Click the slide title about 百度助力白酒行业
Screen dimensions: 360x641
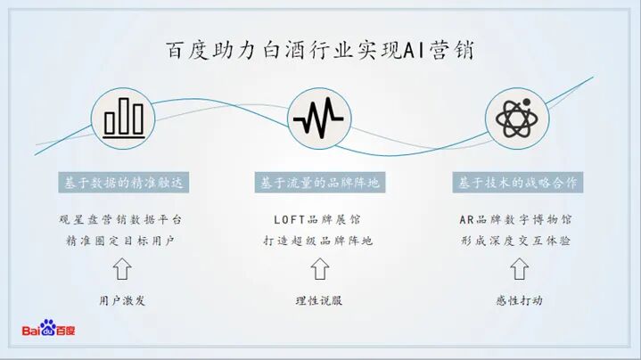pos(320,50)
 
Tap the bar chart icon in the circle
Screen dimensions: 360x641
pos(123,117)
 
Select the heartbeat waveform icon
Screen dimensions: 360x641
pos(318,117)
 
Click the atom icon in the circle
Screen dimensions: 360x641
pos(517,117)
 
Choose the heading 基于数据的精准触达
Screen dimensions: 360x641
pos(123,182)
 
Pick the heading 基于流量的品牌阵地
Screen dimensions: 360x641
pos(319,182)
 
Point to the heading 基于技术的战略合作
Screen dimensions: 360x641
pos(518,182)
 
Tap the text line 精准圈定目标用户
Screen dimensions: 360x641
pos(123,241)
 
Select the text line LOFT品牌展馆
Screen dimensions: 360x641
pos(319,219)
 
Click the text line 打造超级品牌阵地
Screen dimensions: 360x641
pos(319,241)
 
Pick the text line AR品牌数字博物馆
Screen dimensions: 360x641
pos(518,219)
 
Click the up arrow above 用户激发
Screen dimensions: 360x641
pos(123,269)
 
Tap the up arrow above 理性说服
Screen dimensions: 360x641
pos(319,269)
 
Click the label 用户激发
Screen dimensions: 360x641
pos(123,300)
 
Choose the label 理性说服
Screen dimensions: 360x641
pos(319,300)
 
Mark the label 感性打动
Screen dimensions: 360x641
pos(518,300)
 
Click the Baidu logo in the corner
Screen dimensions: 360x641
pos(49,329)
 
